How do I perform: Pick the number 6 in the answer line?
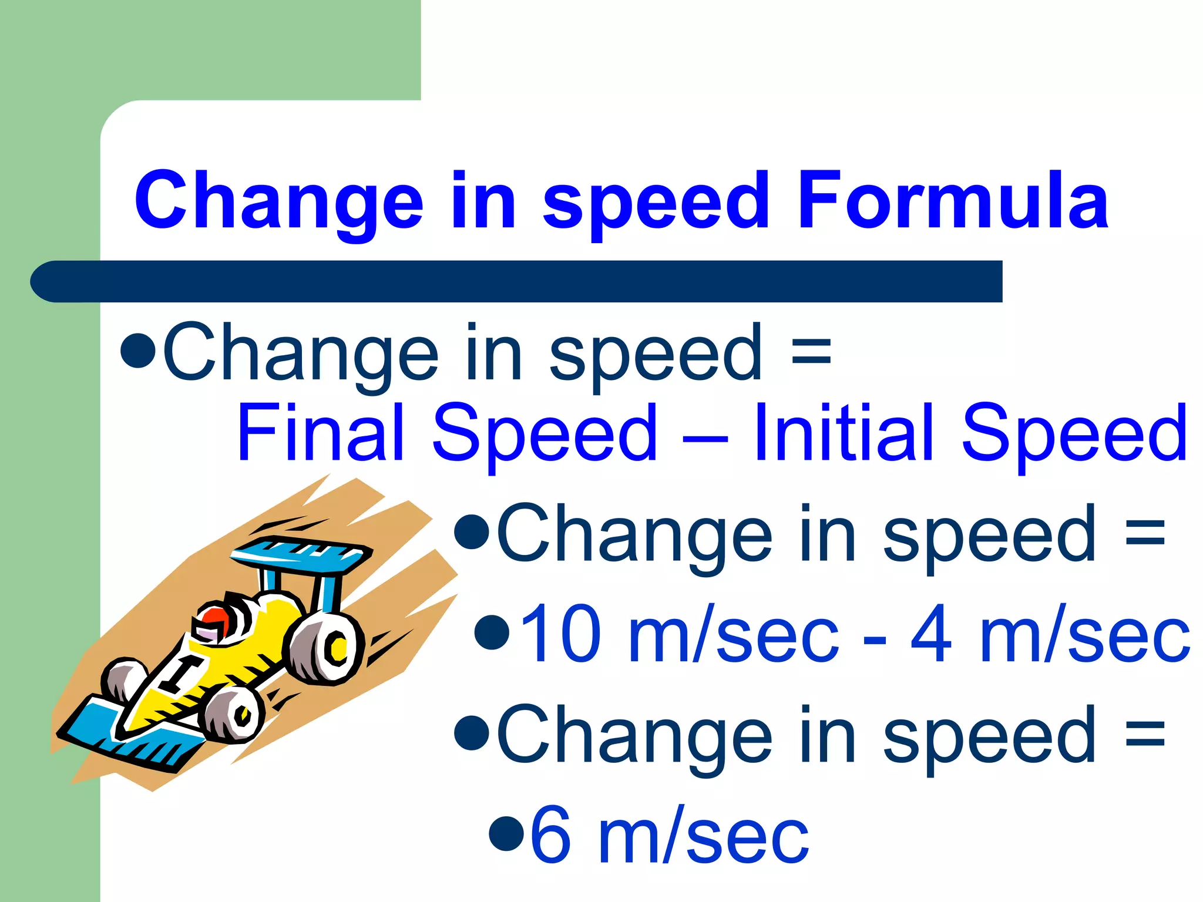tap(550, 835)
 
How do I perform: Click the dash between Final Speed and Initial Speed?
tap(705, 437)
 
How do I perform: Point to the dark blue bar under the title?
tap(517, 281)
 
